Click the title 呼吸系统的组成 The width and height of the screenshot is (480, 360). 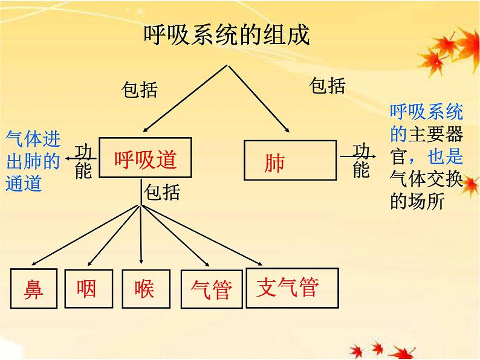click(x=227, y=36)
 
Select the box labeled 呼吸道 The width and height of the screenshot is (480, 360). click(x=146, y=158)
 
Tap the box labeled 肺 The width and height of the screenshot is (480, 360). click(x=290, y=161)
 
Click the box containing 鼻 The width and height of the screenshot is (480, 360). click(x=34, y=288)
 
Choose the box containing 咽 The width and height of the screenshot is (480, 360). click(x=86, y=289)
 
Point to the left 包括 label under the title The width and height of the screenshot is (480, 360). click(x=140, y=91)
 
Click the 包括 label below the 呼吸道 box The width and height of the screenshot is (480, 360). click(x=163, y=193)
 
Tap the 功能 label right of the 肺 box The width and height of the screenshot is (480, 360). click(x=361, y=161)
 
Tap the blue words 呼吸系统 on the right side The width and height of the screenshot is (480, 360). click(x=426, y=112)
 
